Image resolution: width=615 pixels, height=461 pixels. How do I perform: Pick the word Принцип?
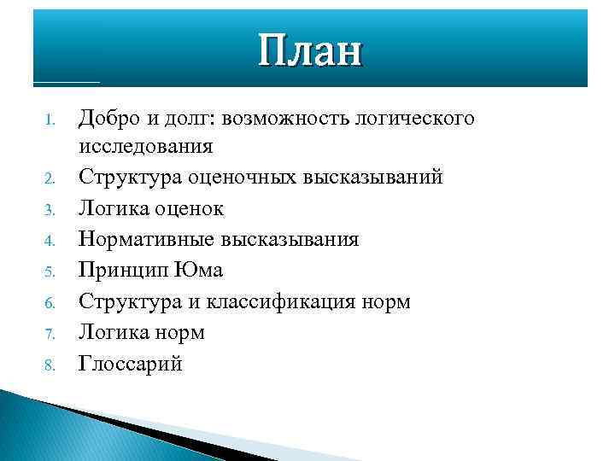[x=119, y=271]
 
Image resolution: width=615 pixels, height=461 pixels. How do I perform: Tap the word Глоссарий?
[x=131, y=363]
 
